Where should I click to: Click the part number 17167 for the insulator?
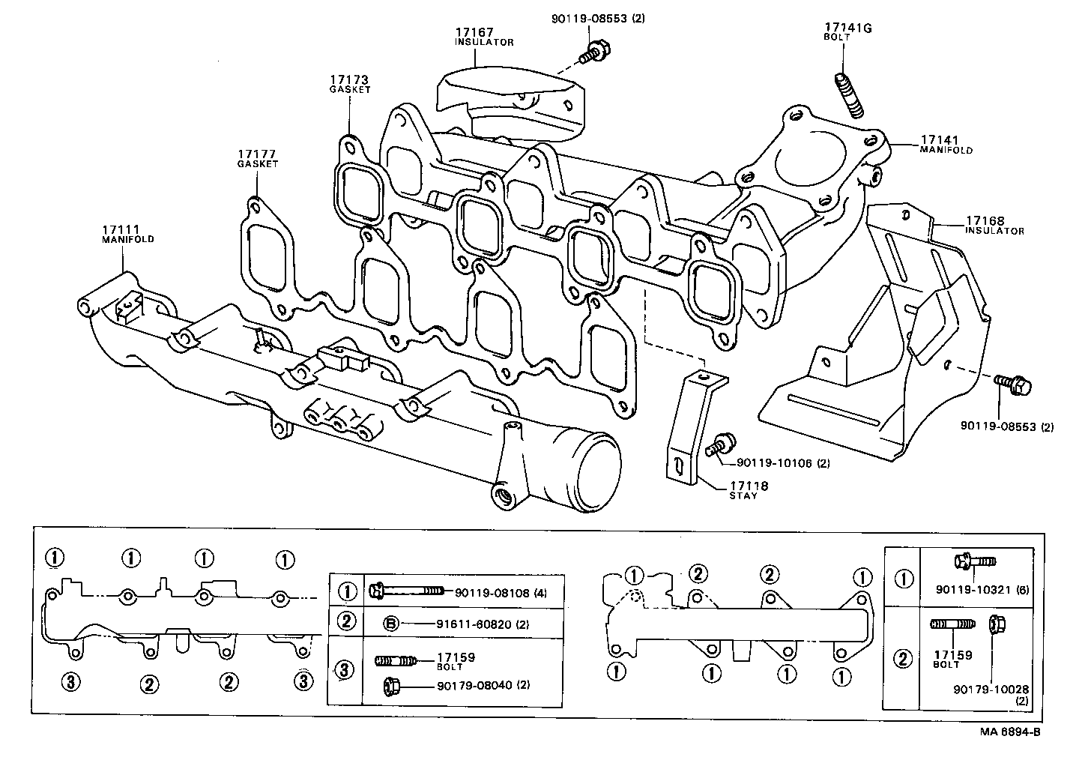[474, 33]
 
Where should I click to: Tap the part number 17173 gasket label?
[349, 79]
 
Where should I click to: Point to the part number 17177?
[257, 154]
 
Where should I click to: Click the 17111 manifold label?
[121, 229]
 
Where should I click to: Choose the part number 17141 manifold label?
[940, 140]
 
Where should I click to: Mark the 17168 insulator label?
[985, 221]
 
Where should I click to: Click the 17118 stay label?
[749, 486]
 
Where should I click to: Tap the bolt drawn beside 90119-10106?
[721, 444]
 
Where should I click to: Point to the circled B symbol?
[390, 623]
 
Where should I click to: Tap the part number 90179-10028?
[991, 689]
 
